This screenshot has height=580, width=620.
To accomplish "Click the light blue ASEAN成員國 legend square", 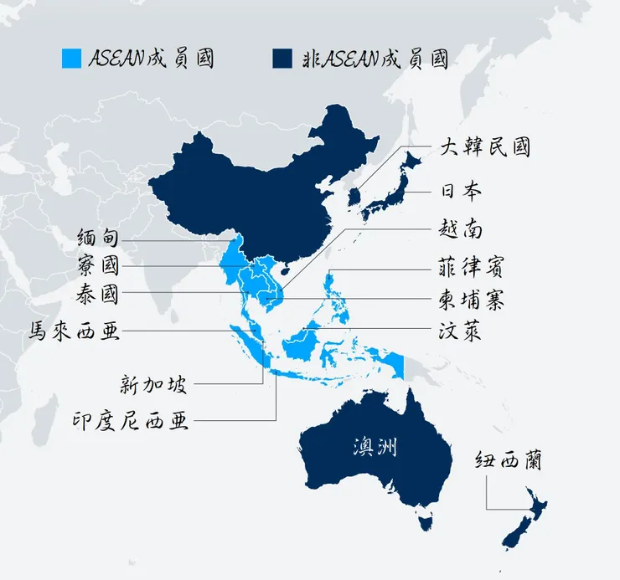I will (73, 58).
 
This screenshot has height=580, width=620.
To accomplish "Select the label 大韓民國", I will (485, 148).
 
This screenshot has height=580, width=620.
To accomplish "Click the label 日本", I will (460, 191).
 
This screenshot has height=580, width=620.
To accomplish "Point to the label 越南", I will (460, 228).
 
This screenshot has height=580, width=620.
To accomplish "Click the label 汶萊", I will (460, 332).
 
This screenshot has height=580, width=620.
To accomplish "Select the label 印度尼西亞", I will (131, 419).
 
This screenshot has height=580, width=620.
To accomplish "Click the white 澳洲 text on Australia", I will (374, 447).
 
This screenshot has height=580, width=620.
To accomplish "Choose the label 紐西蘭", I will (508, 461).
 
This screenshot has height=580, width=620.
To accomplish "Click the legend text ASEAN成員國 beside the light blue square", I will (152, 58).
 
